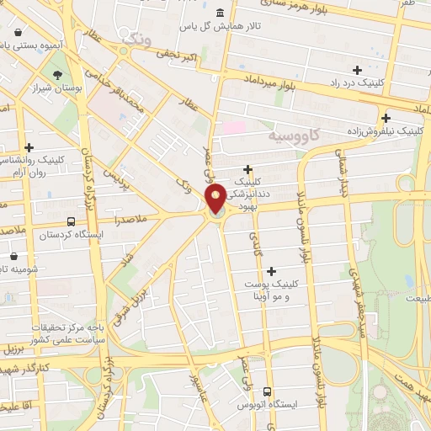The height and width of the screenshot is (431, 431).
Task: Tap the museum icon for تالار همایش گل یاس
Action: coord(220,13)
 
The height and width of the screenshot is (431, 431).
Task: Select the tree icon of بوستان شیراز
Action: coord(57,75)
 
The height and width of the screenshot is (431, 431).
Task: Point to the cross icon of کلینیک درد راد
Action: coord(358,70)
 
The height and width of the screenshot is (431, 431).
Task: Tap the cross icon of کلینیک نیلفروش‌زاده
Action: coord(386,119)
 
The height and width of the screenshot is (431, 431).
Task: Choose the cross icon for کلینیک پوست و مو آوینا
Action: coord(271,271)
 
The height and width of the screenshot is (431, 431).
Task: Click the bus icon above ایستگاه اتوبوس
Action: coord(267,391)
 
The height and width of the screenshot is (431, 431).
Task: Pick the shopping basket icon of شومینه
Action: coord(14,255)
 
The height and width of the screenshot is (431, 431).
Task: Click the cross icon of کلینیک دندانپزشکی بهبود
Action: coord(247,169)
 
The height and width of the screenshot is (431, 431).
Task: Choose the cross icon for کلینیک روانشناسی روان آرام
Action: coord(29,147)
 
